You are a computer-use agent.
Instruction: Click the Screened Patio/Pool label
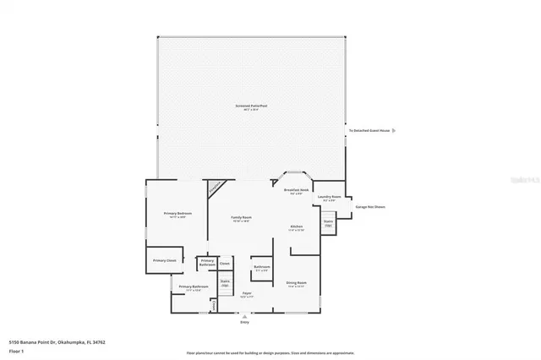pos(251,106)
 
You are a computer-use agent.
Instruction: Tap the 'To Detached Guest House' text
pos(369,131)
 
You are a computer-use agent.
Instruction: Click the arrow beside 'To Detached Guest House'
pos(394,131)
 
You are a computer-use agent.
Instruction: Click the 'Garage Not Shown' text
pos(369,206)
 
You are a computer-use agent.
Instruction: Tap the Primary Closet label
pos(164,260)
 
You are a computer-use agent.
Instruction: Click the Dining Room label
pos(296,284)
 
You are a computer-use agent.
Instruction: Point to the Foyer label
pos(247,294)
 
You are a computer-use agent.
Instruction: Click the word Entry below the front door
pos(245,322)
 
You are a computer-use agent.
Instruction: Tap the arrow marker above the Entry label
pos(245,315)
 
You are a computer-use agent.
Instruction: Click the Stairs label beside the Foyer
pos(225,284)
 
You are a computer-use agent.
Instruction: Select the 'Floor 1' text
pos(16,351)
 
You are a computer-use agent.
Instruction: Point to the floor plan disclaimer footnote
pos(270,352)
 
